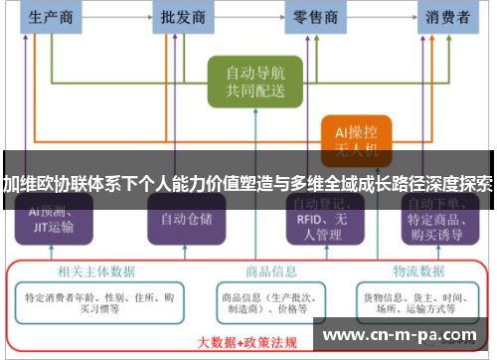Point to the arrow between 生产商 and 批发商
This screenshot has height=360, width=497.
tap(119, 17)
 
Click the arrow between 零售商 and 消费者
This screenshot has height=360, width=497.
tap(382, 17)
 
